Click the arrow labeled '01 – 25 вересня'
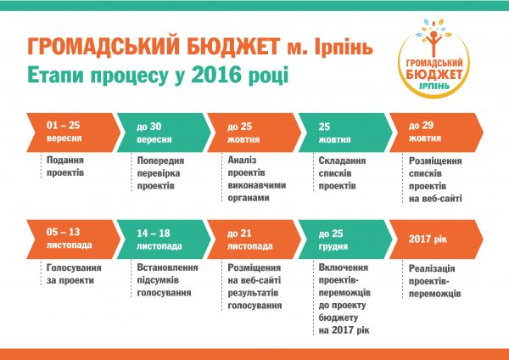pos(73,132)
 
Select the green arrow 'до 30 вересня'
pos(164,132)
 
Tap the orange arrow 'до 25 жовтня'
pos(255,132)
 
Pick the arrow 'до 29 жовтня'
pos(436,132)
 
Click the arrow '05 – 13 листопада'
pos(73,239)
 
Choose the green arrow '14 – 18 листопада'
pos(164,239)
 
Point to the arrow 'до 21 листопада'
pos(255,239)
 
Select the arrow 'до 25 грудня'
pos(345,239)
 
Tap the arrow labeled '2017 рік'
pos(436,239)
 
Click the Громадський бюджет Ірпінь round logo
pos(433,59)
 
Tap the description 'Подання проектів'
pos(65,166)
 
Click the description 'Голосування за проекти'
pos(74,274)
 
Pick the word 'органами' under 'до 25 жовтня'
pos(249,198)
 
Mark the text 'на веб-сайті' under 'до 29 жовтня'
pos(435,199)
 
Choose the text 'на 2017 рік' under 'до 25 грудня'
pos(344,330)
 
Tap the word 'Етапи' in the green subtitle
pos(55,75)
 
